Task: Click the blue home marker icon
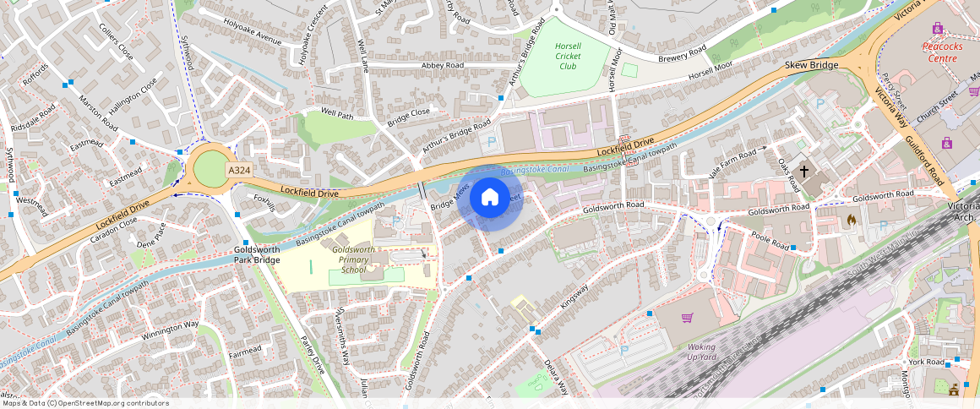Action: pos(489,198)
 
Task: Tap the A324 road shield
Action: pos(238,171)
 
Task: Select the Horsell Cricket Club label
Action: pos(567,56)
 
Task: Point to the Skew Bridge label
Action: pos(811,65)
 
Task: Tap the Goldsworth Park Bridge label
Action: pos(257,255)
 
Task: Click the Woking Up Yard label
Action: pos(700,352)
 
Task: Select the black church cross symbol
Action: pos(804,172)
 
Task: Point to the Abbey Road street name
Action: pos(443,65)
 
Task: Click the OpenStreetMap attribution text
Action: pos(84,403)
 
